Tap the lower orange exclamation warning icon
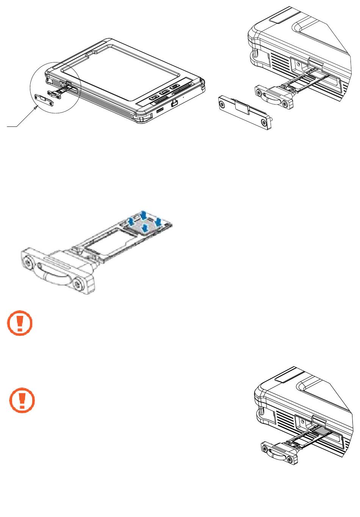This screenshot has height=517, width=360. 22,400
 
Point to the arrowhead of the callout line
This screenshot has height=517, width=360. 37,107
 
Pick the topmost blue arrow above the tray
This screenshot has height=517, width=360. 144,215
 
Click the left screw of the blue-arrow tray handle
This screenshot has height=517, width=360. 27,261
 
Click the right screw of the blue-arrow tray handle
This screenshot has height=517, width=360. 78,284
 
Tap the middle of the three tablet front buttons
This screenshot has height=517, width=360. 164,92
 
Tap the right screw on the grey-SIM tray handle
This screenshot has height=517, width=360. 290,460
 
